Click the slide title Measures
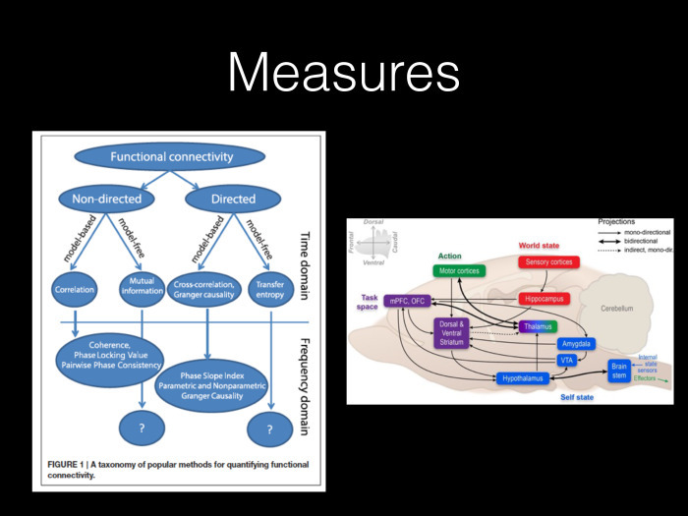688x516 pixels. click(344, 74)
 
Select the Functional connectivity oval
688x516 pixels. click(171, 156)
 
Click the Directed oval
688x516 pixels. click(233, 200)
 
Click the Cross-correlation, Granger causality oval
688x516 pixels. click(207, 292)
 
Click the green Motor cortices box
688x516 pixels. click(459, 270)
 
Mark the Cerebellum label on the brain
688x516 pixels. click(623, 308)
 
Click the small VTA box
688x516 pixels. click(566, 361)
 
